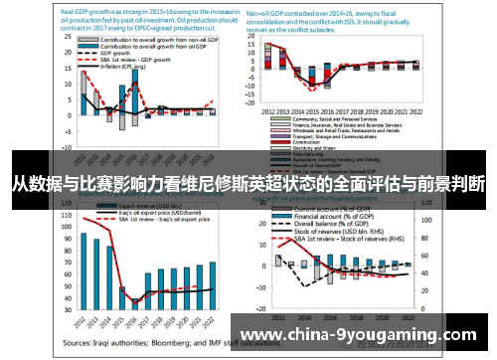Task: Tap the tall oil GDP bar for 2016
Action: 134,98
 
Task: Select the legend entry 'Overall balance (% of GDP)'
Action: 329,224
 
